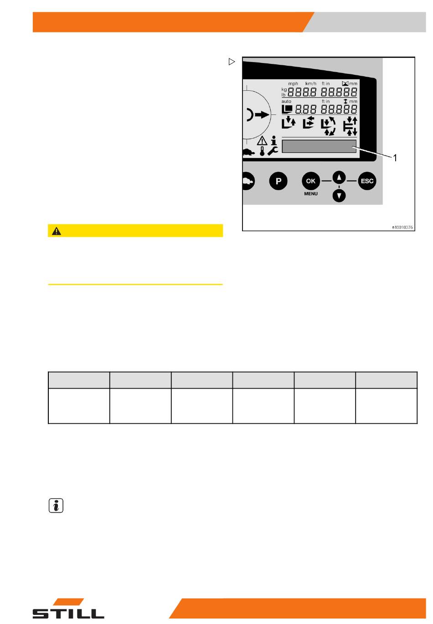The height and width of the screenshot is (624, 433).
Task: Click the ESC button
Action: tap(367, 181)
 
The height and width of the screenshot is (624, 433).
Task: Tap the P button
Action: tap(278, 181)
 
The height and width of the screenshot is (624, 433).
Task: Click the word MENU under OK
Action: tap(311, 194)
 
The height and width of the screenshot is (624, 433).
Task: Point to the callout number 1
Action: tap(395, 158)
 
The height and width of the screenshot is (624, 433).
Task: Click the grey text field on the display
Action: tap(319, 146)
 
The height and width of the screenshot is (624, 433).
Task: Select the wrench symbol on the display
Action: tap(273, 151)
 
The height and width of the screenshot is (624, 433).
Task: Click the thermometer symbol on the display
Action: tap(262, 151)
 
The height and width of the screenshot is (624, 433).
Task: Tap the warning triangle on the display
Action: tap(262, 140)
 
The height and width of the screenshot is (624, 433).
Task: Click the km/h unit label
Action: tap(311, 84)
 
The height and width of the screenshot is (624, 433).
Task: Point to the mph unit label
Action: tap(293, 84)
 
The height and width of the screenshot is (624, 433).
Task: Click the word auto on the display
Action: tap(286, 102)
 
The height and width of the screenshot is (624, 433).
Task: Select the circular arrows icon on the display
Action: tap(328, 126)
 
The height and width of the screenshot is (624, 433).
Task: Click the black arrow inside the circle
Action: tap(262, 115)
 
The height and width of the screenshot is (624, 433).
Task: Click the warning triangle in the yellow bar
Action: tap(57, 231)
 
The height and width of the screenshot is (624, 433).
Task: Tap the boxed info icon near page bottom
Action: tap(56, 506)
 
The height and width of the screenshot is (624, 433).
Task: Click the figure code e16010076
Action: tap(402, 227)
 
